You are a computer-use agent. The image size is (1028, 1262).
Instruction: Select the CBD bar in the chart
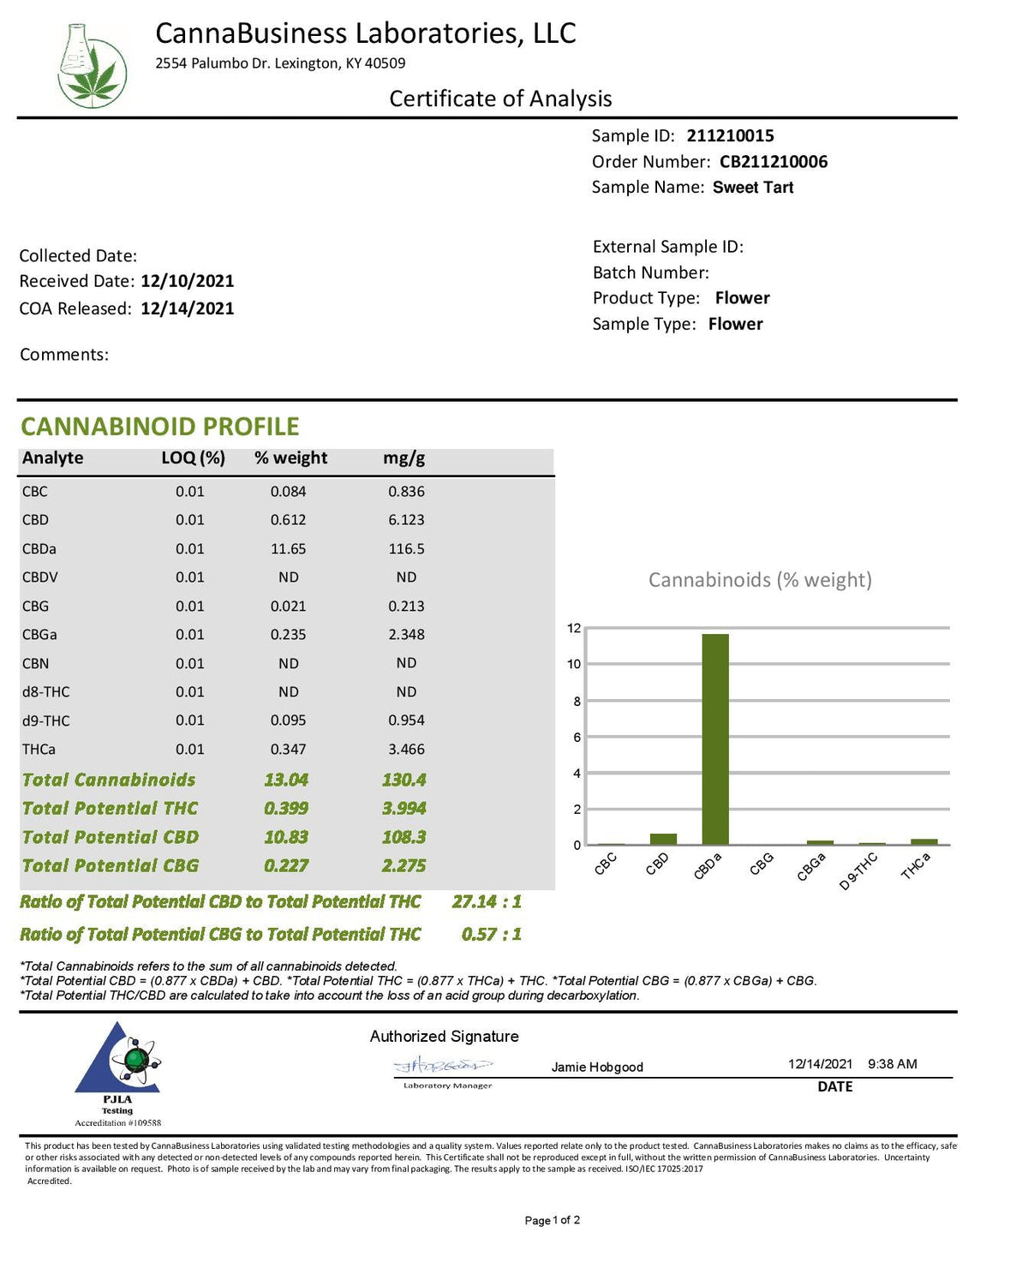[x=663, y=839]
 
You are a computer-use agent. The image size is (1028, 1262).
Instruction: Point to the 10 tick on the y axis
[x=574, y=664]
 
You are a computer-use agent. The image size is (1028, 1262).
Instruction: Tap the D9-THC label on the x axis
[x=858, y=870]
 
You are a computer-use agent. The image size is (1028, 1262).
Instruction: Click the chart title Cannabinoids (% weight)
[x=760, y=580]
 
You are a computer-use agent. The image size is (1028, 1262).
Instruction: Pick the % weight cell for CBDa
[x=289, y=548]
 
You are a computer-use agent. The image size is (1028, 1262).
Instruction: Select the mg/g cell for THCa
[x=406, y=749]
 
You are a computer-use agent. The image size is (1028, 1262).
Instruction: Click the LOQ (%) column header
[x=193, y=458]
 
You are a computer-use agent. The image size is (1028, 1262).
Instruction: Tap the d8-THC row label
[x=46, y=691]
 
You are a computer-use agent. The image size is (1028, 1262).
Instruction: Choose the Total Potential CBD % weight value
[x=286, y=837]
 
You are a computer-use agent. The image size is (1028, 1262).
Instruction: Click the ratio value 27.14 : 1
[x=487, y=901]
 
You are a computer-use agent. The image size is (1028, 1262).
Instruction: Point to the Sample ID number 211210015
[x=730, y=135]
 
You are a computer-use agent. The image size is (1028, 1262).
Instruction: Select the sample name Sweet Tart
[x=753, y=187]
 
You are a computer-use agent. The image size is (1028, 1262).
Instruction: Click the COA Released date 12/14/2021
[x=188, y=308]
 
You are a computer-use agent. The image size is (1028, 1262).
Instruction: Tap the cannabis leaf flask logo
[x=92, y=66]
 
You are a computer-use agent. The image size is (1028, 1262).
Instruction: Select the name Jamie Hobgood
[x=597, y=1067]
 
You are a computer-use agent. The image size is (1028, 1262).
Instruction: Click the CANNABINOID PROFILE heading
[x=160, y=426]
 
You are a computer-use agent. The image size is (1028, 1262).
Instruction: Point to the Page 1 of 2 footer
[x=552, y=1220]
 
